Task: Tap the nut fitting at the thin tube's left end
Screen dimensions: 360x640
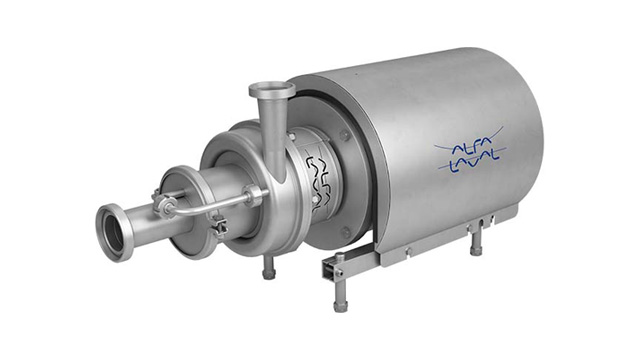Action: coord(166,207)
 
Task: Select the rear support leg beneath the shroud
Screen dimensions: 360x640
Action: coord(476,240)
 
